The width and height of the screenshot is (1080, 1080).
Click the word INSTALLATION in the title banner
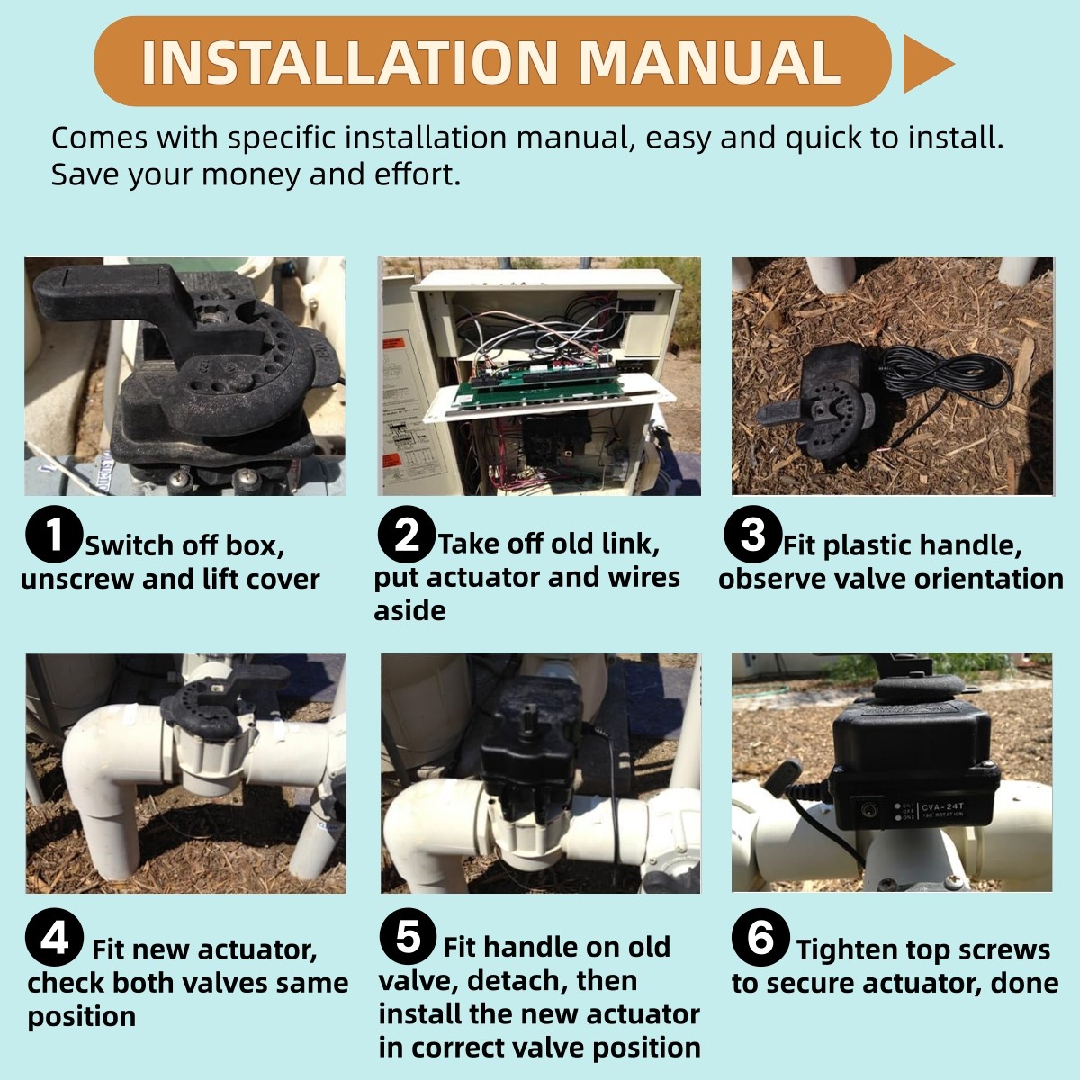(350, 62)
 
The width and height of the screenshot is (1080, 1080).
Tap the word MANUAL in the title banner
(710, 62)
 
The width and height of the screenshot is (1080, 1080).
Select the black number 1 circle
(54, 534)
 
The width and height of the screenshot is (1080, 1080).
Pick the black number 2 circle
(406, 534)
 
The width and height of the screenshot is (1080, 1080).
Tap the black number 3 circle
(752, 534)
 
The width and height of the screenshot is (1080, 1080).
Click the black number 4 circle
(54, 937)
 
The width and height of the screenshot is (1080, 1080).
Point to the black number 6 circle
(760, 937)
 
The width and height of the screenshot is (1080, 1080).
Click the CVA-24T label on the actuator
(942, 806)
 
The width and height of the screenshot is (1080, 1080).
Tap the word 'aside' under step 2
(409, 610)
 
